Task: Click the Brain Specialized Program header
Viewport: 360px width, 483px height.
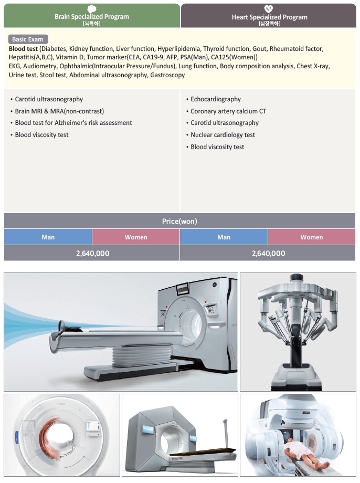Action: pos(92,17)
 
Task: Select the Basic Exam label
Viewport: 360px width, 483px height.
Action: pos(28,39)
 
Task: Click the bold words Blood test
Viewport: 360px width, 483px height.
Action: pos(23,48)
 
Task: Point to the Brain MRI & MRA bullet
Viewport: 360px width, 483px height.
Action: pos(59,111)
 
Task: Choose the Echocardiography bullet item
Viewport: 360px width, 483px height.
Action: pos(216,99)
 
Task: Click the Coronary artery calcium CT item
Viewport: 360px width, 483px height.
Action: pos(228,111)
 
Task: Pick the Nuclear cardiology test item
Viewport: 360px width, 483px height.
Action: pos(223,135)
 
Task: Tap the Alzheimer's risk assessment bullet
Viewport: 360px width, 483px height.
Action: pos(73,123)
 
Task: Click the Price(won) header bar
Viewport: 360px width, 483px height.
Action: pos(179,221)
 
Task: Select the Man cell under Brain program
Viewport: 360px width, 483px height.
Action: pos(48,237)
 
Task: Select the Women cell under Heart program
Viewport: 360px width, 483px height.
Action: pos(311,237)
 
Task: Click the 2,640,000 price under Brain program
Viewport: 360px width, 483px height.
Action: pos(92,253)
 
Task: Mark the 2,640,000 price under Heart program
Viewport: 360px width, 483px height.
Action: pos(268,253)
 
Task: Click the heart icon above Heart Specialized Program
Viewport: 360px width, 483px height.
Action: pos(269,8)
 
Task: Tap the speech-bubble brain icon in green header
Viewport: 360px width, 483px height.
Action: pos(92,8)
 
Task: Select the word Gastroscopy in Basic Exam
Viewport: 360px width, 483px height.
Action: pos(167,75)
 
